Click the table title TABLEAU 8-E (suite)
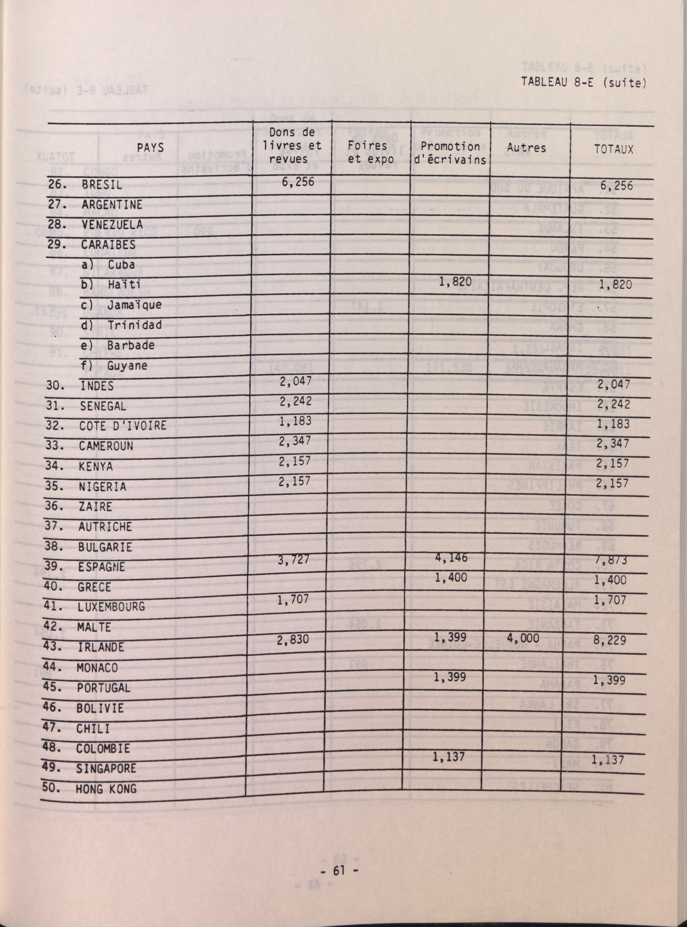coord(583,82)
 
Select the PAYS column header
coord(151,148)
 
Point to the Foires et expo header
coord(371,152)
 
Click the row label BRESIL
coord(102,184)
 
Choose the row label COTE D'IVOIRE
coord(123,425)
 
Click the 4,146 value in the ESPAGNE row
coord(451,557)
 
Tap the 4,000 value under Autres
coord(523,638)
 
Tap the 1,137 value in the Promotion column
coord(448,757)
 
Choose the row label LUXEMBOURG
coord(111,606)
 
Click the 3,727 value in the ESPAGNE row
coord(294,559)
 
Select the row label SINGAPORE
coord(106,768)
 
